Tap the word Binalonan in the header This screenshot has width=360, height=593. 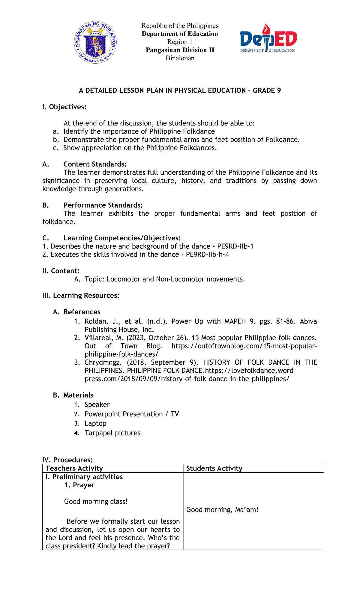[x=180, y=58]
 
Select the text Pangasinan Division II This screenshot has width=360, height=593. [x=180, y=50]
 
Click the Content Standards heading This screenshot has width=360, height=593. [x=95, y=164]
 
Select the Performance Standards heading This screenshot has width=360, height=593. [x=103, y=205]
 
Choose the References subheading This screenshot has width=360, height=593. [x=82, y=312]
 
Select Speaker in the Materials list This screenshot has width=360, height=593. [x=97, y=405]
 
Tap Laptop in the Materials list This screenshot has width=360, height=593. [x=95, y=423]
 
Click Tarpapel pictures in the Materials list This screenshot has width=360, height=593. [x=112, y=433]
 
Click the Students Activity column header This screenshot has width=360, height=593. [x=214, y=468]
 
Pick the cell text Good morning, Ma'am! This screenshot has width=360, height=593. [x=222, y=510]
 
